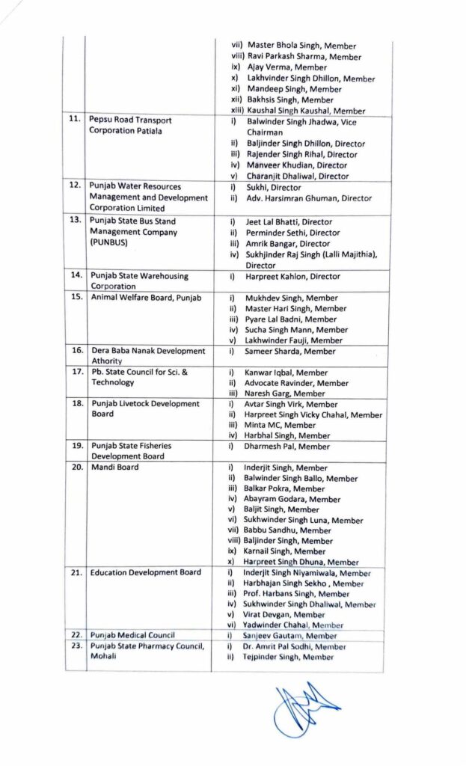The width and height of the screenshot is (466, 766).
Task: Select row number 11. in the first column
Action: [73, 120]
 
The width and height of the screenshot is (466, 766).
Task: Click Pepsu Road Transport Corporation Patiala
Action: [131, 125]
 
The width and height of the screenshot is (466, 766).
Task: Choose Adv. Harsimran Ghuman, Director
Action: [309, 198]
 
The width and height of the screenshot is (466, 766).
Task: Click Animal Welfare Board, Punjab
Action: [145, 297]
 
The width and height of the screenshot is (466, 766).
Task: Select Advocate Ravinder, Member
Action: [296, 383]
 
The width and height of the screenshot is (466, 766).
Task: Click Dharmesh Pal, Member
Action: [286, 447]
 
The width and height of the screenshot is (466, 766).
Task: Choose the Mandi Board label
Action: [114, 468]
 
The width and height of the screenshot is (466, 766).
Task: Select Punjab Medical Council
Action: [132, 635]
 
